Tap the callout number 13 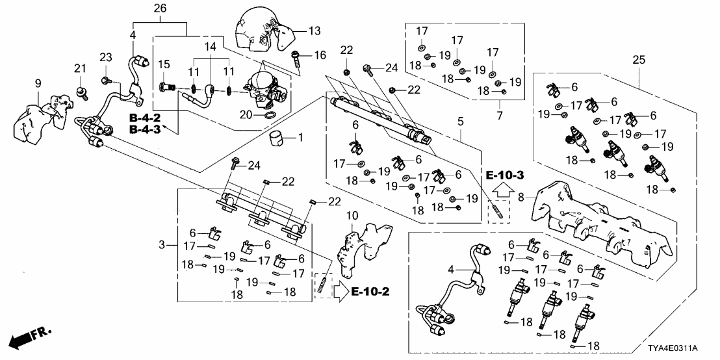[315, 31]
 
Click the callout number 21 [79, 69]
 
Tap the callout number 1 [300, 138]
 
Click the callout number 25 [640, 60]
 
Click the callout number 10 [352, 215]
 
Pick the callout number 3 [162, 244]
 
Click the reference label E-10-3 [504, 176]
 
